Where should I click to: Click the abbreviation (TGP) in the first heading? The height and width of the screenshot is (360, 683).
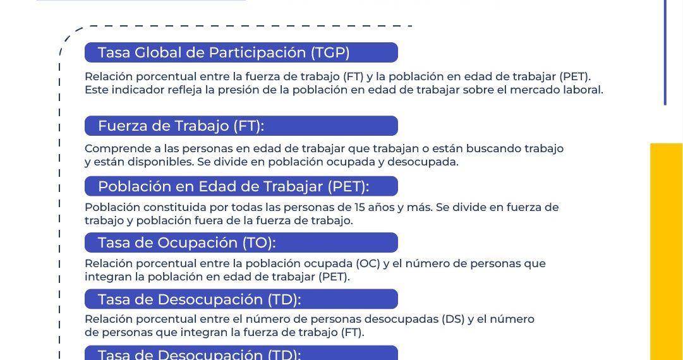330,52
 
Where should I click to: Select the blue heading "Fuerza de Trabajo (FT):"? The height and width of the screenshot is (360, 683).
241,126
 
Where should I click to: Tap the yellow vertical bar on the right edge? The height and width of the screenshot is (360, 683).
667,251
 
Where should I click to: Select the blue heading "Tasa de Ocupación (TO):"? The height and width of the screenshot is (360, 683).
241,243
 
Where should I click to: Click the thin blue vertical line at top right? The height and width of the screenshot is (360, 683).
665,52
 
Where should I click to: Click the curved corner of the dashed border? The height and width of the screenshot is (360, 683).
69,34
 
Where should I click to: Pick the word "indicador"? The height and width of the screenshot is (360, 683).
138,90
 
